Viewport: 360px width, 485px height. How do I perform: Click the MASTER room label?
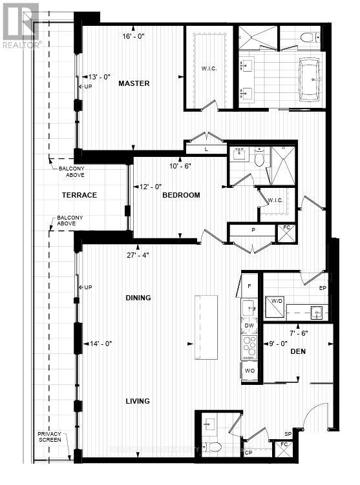[134, 83]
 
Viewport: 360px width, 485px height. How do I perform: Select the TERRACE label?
[79, 195]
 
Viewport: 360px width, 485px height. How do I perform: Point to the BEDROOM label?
[181, 195]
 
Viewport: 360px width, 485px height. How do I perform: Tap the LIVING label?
[138, 401]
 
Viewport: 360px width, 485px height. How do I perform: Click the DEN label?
[298, 351]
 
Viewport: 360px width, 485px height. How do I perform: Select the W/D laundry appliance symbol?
[275, 304]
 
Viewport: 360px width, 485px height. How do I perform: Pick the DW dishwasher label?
[249, 325]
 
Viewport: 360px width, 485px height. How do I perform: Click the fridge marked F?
[249, 285]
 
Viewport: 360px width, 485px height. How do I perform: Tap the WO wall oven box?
[249, 371]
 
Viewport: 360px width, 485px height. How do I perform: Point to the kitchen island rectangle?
[207, 318]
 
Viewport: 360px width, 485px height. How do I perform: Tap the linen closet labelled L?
[206, 149]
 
